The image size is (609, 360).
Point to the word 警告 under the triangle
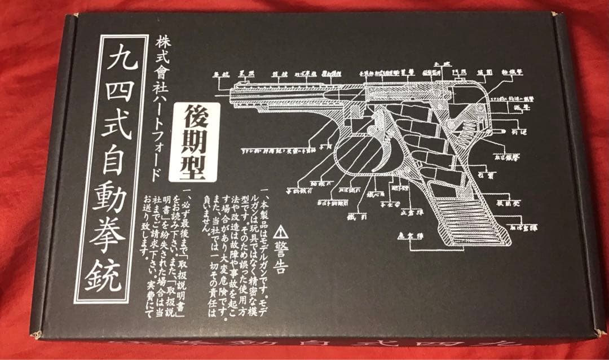(x=279, y=259)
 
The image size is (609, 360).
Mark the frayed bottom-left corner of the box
(x=36, y=335)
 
